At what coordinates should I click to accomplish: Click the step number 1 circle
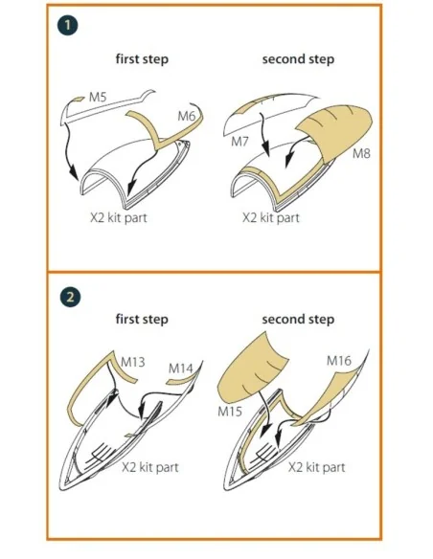tap(67, 25)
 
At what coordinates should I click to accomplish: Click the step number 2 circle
tap(70, 297)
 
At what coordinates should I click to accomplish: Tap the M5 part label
tap(98, 97)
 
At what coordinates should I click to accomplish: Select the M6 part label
tap(187, 116)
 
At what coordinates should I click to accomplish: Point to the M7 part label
tap(239, 142)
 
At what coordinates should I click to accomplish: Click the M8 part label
tap(361, 153)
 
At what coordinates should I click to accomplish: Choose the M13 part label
tap(133, 362)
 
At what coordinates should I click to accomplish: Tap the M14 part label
tap(180, 368)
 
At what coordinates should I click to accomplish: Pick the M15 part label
tap(230, 412)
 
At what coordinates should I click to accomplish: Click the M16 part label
tap(339, 361)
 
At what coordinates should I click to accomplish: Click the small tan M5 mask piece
tap(79, 99)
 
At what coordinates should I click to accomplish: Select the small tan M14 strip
tap(180, 382)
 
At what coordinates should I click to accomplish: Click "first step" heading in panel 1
tap(142, 58)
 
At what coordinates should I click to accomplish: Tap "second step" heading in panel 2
tap(298, 319)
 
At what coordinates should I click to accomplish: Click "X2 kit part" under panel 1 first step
tap(119, 217)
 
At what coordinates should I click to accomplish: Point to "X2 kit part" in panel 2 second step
tap(317, 467)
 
